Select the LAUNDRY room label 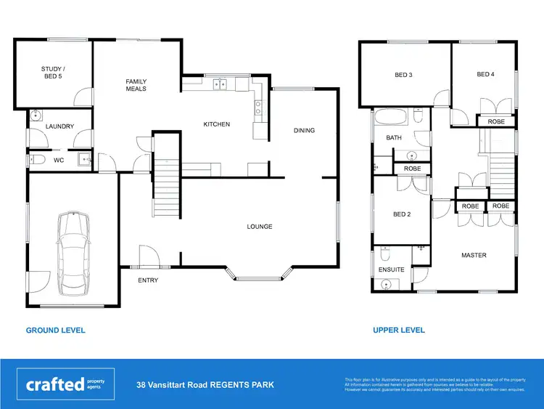click(x=59, y=126)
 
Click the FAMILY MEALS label click(x=136, y=85)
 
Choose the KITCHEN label click(x=216, y=124)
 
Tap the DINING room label click(x=304, y=131)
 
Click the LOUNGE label click(x=259, y=227)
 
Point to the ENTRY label click(x=148, y=280)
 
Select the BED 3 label click(x=403, y=75)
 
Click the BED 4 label click(x=485, y=74)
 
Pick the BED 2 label click(x=402, y=214)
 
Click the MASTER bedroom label click(x=474, y=255)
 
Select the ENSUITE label click(x=391, y=269)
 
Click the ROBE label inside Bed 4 click(x=495, y=121)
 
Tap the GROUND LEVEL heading click(x=55, y=330)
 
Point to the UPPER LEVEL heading click(x=399, y=330)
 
